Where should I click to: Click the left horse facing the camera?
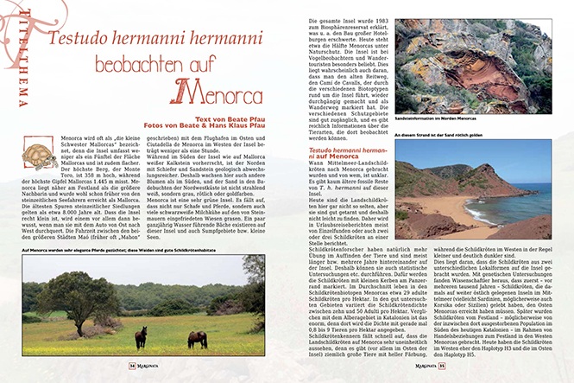point(141,336)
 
